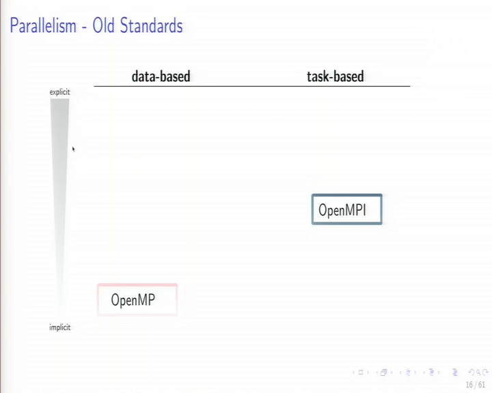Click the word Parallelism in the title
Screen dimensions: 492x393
point(43,26)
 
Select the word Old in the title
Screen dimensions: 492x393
point(103,26)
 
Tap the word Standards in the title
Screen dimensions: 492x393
point(151,26)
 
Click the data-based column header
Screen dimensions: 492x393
point(161,76)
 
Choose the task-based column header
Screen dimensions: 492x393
point(336,76)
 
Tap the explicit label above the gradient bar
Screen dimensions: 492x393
point(59,92)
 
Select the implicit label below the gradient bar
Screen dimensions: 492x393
point(60,327)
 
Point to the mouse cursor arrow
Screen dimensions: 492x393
point(73,149)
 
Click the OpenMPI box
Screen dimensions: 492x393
point(346,209)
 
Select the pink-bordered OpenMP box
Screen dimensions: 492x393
point(137,300)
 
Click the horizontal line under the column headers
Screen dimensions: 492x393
point(252,85)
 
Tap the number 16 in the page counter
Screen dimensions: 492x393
point(469,385)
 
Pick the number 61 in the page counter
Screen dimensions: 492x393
point(482,385)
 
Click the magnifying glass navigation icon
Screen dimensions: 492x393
point(478,373)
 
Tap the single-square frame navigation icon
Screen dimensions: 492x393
point(361,373)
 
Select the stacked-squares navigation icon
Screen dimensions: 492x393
point(383,373)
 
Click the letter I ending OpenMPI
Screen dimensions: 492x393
point(364,209)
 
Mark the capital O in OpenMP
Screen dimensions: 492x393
point(115,300)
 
